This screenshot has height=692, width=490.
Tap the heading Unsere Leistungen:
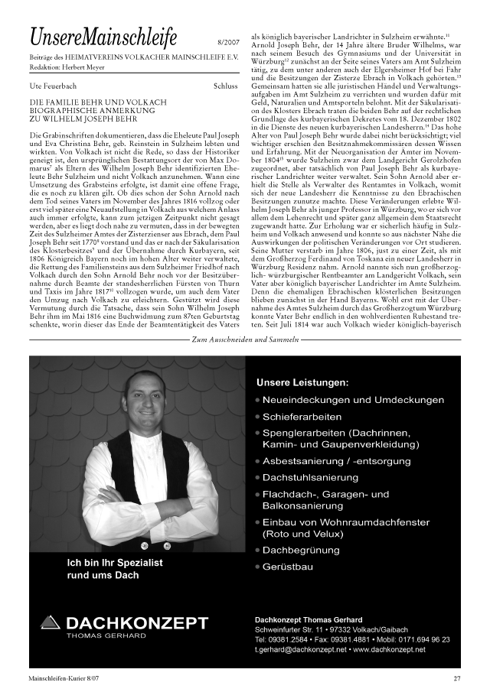[x=302, y=382]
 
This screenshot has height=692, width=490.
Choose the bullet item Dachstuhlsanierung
[x=310, y=478]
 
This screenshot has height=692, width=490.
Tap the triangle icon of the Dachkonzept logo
[x=50, y=623]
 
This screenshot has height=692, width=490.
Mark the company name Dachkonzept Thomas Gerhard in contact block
[x=309, y=619]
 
